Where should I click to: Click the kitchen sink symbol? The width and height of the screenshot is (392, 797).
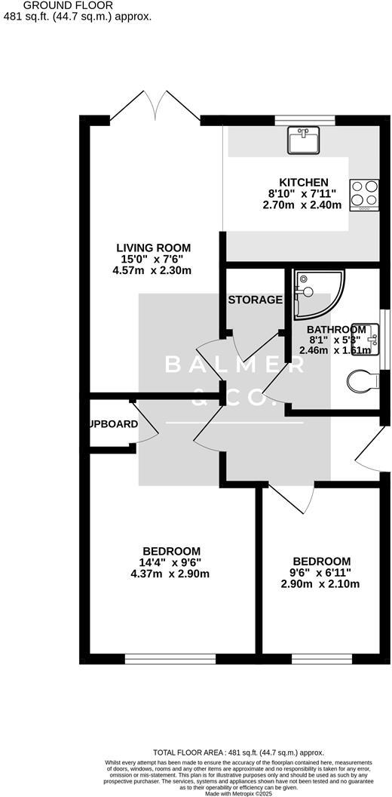[303, 140]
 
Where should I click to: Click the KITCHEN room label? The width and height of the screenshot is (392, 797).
[304, 182]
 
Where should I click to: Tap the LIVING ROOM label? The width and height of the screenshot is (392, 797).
[153, 248]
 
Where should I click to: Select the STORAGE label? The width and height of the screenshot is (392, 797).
[255, 300]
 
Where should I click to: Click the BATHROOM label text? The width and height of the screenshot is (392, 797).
[336, 330]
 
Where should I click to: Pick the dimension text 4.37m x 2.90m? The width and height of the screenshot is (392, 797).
[170, 574]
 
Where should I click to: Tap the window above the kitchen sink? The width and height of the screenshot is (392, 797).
[304, 119]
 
